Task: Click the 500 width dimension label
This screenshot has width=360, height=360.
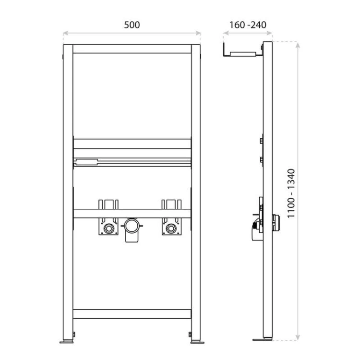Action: (132, 25)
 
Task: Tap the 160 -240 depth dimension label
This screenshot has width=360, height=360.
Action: (248, 25)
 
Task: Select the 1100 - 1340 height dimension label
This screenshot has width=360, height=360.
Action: (291, 193)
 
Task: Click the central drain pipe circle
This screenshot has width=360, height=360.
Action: (132, 226)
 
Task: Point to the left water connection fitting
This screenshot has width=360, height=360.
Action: (108, 228)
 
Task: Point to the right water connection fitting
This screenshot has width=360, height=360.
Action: (171, 228)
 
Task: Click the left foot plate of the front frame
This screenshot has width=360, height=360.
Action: (67, 342)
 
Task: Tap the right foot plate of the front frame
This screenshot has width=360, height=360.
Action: (197, 342)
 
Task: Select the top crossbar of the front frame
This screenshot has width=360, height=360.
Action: (132, 49)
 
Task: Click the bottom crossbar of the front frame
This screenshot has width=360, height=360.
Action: (132, 314)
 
